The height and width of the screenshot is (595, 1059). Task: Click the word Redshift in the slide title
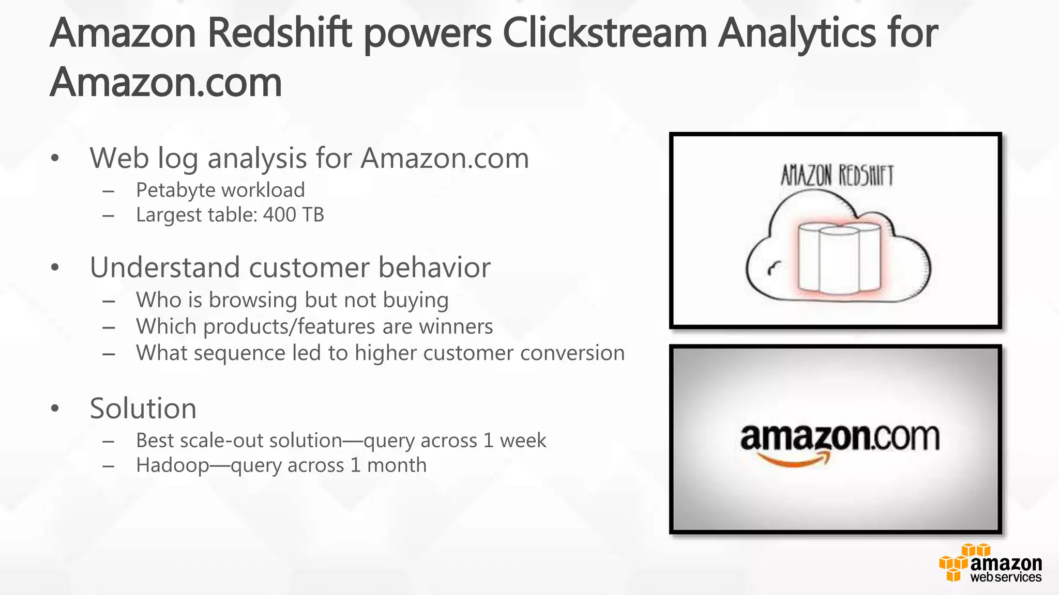(279, 34)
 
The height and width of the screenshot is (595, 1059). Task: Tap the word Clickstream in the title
(604, 34)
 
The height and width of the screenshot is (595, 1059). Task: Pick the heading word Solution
(143, 409)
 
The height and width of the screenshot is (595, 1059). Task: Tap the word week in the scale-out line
(523, 441)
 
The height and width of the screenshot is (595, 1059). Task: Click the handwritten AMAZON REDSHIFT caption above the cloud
(837, 176)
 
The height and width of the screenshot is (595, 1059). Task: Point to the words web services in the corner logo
(1006, 577)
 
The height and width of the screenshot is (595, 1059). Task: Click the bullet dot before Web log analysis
(55, 158)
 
